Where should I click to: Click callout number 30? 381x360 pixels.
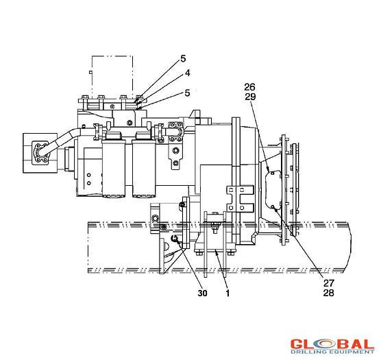(x=202, y=293)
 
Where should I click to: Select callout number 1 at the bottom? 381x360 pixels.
(x=228, y=293)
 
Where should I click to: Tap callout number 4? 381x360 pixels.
(x=187, y=73)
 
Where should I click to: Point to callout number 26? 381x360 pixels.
(x=250, y=87)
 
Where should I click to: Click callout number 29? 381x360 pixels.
(x=250, y=97)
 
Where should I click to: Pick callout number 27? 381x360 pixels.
(x=329, y=283)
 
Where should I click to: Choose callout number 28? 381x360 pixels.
(x=329, y=293)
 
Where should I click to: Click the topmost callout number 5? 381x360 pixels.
(x=183, y=58)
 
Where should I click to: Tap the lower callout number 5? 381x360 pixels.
(x=187, y=93)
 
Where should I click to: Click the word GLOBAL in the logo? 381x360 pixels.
(x=332, y=344)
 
